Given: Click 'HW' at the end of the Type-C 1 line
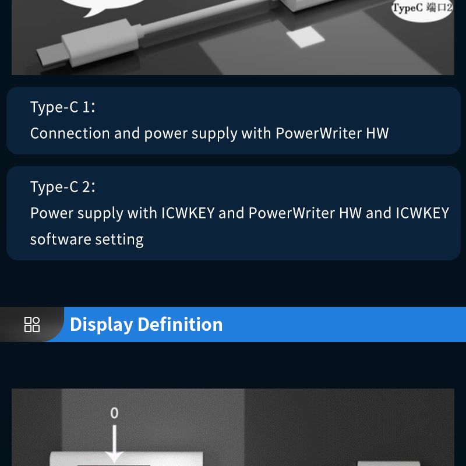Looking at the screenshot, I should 377,133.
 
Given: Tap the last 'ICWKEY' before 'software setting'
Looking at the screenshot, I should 422,213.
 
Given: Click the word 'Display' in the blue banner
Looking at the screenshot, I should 101,324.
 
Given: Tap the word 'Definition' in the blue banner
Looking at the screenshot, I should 181,324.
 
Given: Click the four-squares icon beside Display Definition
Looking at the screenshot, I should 32,324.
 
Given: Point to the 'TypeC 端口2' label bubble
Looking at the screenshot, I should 422,9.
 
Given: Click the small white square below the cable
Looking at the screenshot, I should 302,39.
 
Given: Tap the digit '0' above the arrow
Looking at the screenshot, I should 114,413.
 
